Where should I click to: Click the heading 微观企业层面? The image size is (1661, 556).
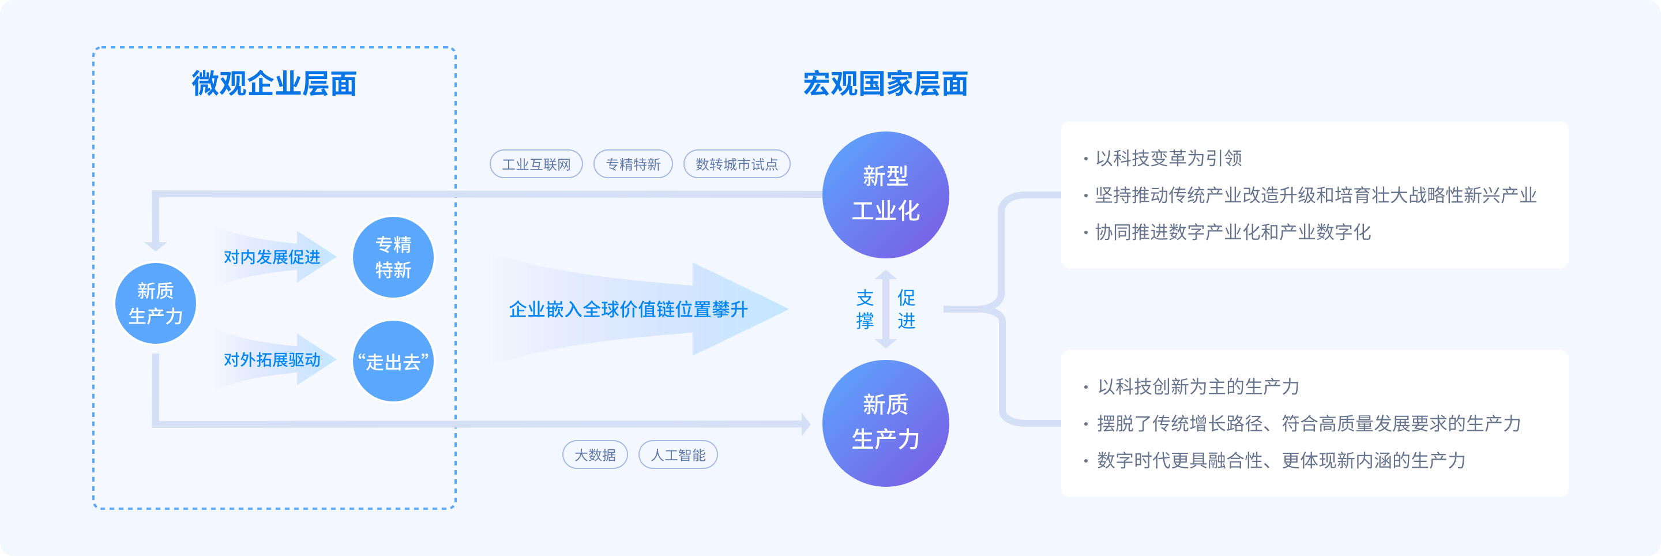(x=274, y=84)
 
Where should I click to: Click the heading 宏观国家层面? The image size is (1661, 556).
(x=885, y=84)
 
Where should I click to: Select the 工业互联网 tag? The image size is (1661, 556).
(x=536, y=164)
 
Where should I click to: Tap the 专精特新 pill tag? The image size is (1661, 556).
(x=633, y=164)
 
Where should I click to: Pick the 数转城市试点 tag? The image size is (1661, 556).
(x=736, y=164)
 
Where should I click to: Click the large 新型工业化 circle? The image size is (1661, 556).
(x=885, y=195)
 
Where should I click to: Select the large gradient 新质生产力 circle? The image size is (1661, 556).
(x=885, y=423)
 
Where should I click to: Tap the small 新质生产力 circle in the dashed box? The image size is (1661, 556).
(x=155, y=304)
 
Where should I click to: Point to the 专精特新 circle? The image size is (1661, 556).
(x=393, y=257)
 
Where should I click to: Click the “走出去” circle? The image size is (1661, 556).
(x=393, y=361)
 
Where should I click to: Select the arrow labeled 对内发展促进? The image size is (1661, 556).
(x=272, y=257)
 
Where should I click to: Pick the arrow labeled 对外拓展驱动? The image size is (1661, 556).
(x=272, y=360)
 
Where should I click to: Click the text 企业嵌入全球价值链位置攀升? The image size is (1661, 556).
(x=628, y=310)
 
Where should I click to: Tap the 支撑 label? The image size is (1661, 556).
(x=865, y=309)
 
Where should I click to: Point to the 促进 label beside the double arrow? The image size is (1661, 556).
(x=906, y=309)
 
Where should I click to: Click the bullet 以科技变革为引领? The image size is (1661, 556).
(x=1168, y=159)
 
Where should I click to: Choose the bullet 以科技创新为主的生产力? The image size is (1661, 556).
(x=1198, y=387)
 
